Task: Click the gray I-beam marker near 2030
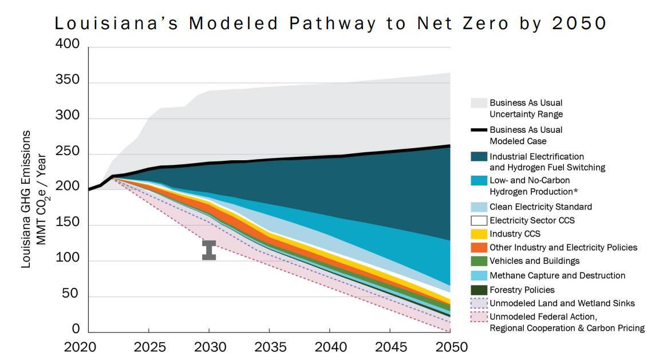pos(209,250)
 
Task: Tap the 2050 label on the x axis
pos(450,347)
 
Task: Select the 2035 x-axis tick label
pos(269,347)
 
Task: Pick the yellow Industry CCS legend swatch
pos(479,234)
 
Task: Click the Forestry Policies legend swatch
pos(479,290)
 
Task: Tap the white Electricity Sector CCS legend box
pos(479,220)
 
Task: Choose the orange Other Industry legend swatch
pos(479,248)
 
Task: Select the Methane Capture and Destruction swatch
pos(479,276)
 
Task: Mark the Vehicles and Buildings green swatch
pos(479,262)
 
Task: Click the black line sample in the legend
pos(479,130)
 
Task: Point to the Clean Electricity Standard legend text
pos(540,207)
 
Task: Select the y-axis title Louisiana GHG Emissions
pos(26,199)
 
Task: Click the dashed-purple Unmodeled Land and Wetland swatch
pos(479,303)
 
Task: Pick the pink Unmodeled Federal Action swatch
pos(479,317)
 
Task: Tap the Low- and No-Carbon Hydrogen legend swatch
pos(479,181)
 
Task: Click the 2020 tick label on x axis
pos(88,347)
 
